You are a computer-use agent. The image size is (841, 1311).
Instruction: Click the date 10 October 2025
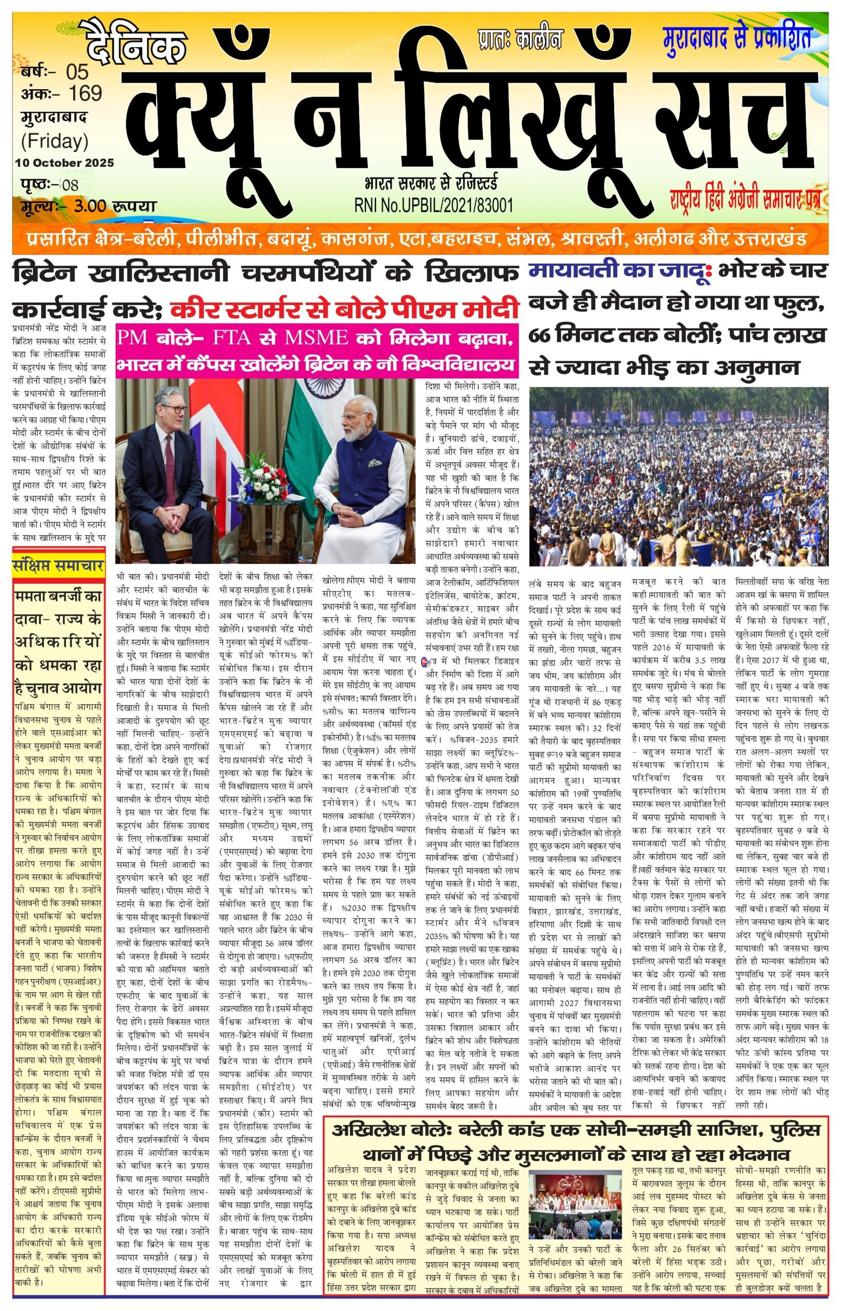(x=65, y=163)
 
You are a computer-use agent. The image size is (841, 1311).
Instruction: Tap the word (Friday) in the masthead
(x=55, y=141)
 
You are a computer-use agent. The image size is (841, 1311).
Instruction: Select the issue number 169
(x=85, y=93)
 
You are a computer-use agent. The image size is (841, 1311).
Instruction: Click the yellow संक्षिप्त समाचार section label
(x=59, y=566)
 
